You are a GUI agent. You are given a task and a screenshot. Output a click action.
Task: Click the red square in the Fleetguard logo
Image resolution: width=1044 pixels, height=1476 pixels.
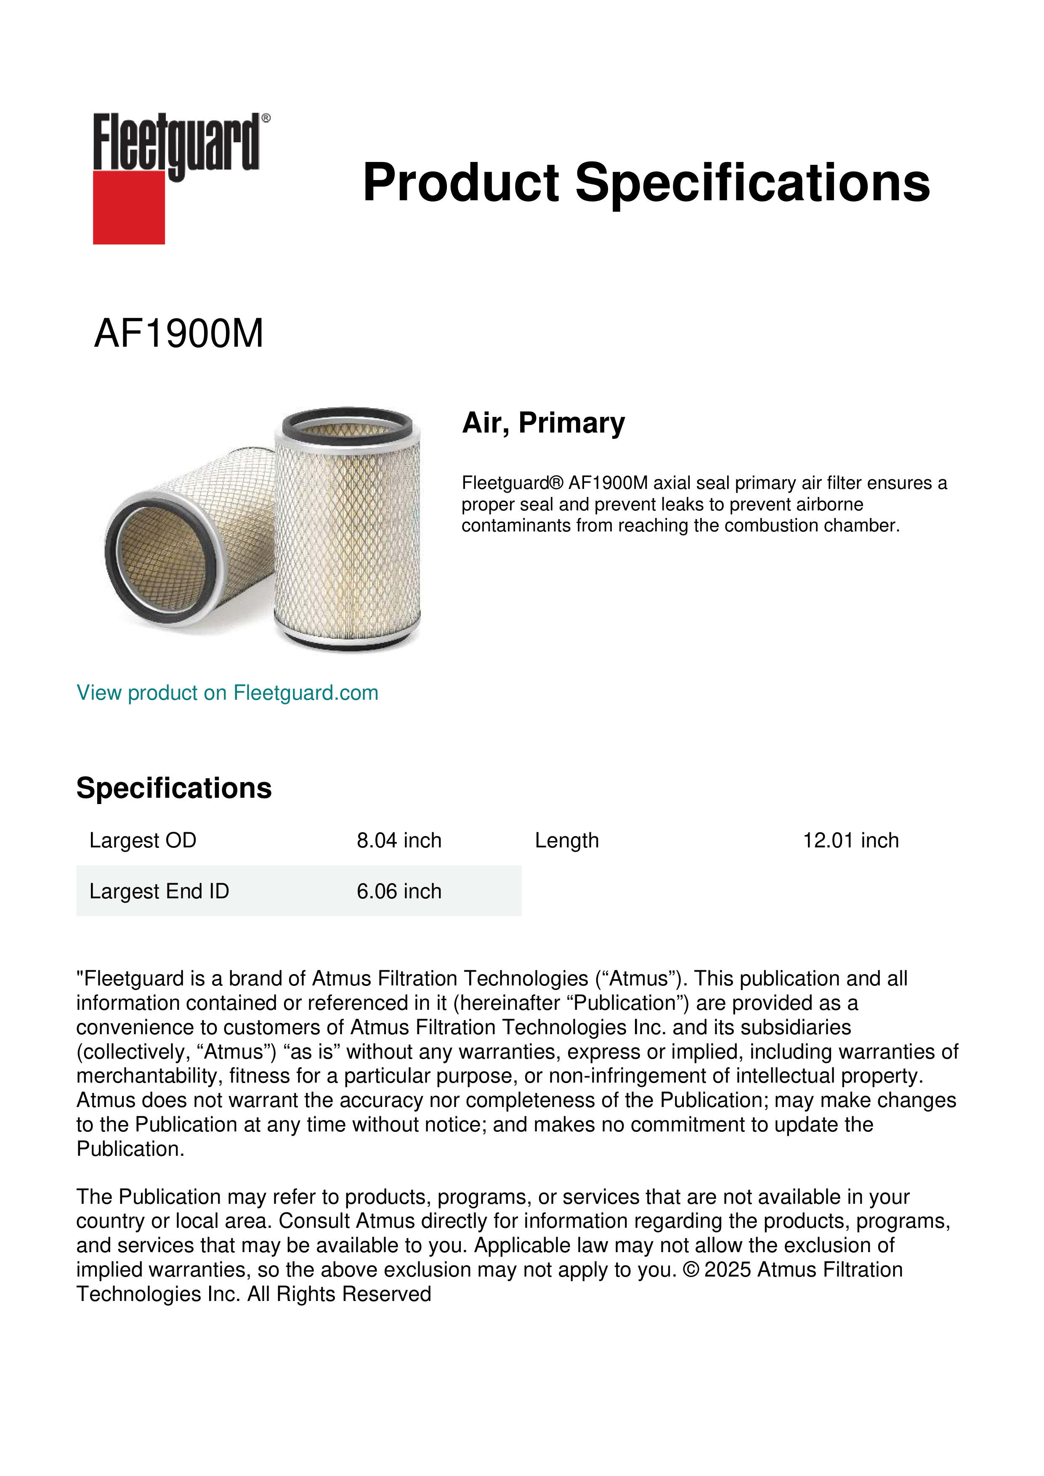pyautogui.click(x=129, y=207)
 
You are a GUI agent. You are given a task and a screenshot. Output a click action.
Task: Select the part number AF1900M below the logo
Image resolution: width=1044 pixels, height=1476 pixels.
pyautogui.click(x=179, y=334)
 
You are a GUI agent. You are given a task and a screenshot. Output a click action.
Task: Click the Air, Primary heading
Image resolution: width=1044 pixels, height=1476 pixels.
pyautogui.click(x=543, y=422)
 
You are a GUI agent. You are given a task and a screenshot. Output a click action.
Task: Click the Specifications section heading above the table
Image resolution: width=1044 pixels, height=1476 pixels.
pyautogui.click(x=173, y=788)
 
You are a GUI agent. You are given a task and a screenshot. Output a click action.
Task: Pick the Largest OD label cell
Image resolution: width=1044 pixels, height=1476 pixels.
pyautogui.click(x=143, y=840)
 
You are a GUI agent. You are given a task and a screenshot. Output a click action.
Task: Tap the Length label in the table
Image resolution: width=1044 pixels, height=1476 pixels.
pyautogui.click(x=566, y=840)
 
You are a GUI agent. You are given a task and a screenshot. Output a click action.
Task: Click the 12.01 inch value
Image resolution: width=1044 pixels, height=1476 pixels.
pyautogui.click(x=850, y=840)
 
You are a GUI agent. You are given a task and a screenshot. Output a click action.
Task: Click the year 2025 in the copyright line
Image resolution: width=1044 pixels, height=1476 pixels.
pyautogui.click(x=728, y=1270)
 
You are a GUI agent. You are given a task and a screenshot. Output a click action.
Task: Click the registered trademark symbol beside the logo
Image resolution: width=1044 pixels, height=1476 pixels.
pyautogui.click(x=266, y=118)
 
